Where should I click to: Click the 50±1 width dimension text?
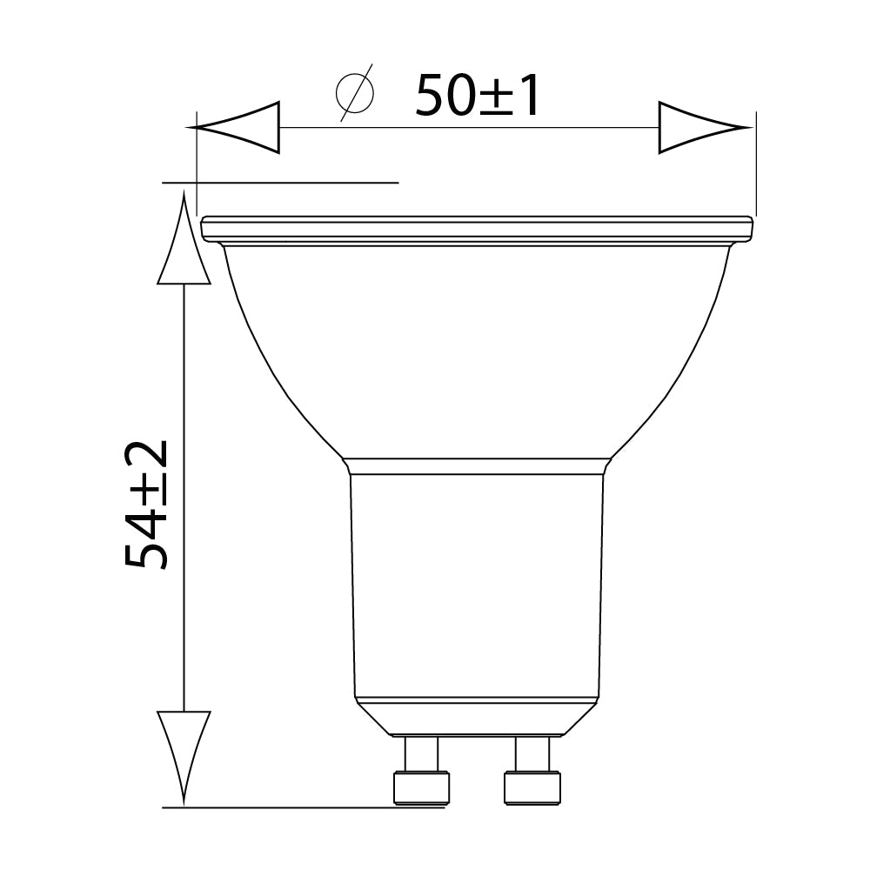pyautogui.click(x=478, y=96)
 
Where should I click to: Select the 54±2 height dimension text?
pyautogui.click(x=146, y=504)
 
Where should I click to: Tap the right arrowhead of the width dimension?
pyautogui.click(x=703, y=129)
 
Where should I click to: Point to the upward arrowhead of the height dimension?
pyautogui.click(x=184, y=244)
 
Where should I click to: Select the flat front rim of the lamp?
pyautogui.click(x=476, y=229)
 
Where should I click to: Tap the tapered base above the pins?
pyautogui.click(x=476, y=719)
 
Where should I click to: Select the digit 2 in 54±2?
pyautogui.click(x=146, y=459)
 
